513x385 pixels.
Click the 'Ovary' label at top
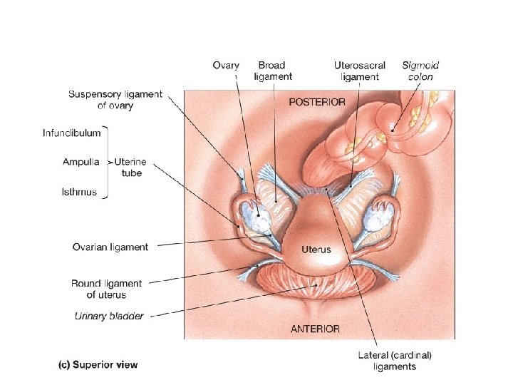click(x=226, y=66)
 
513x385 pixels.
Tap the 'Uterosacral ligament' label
click(x=361, y=71)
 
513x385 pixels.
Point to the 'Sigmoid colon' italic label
click(x=420, y=71)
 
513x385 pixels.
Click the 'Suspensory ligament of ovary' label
click(x=115, y=100)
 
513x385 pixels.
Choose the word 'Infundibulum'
click(x=71, y=133)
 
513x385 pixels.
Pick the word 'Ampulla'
click(x=81, y=162)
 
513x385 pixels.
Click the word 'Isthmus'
click(x=79, y=192)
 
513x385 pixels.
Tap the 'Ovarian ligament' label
click(x=110, y=247)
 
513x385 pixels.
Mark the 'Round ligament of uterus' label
click(x=106, y=289)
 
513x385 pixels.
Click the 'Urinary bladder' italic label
click(x=109, y=316)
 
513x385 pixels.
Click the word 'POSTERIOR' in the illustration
click(x=317, y=102)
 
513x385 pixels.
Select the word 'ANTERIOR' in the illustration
click(x=316, y=329)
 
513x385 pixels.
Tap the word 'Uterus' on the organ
click(x=316, y=250)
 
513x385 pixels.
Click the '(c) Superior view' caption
click(x=98, y=364)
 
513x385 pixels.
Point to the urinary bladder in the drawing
click(x=317, y=285)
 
